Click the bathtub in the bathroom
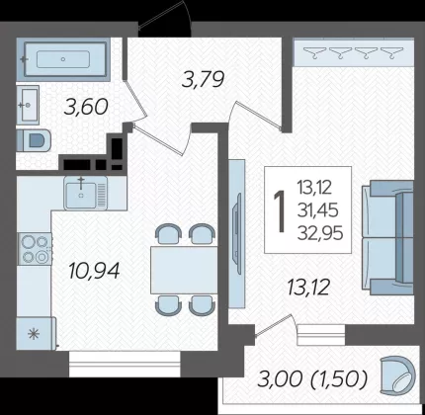63,59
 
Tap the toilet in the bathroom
34,140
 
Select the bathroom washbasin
28,105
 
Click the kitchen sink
86,193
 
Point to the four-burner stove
35,249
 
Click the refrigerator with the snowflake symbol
36,333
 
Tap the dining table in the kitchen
184,270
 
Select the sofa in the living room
387,236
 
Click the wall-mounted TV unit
237,234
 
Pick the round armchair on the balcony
397,375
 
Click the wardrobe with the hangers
353,52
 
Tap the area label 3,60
86,108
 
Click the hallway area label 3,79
204,79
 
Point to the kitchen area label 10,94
94,271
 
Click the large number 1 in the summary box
280,210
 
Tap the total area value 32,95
320,233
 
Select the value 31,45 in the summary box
318,210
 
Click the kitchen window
125,364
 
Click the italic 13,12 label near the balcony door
308,287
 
